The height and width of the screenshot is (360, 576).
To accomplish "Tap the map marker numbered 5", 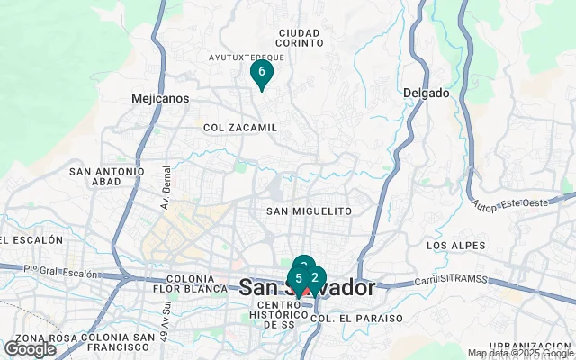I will (298, 279).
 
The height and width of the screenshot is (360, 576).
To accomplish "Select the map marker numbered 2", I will (314, 278).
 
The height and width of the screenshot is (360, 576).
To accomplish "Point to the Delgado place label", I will (426, 93).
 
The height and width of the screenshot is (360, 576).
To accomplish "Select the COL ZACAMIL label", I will (240, 128).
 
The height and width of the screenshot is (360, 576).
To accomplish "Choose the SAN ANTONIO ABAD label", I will (107, 176).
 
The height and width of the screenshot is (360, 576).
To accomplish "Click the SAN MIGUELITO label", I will (309, 211).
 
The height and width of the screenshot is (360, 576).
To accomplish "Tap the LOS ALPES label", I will (455, 246).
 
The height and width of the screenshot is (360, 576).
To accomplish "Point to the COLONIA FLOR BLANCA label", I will (190, 284).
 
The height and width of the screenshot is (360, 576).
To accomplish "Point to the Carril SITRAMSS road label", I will (450, 280).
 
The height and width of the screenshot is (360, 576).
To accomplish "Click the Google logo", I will (30, 349).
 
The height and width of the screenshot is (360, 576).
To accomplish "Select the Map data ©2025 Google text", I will (519, 354).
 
